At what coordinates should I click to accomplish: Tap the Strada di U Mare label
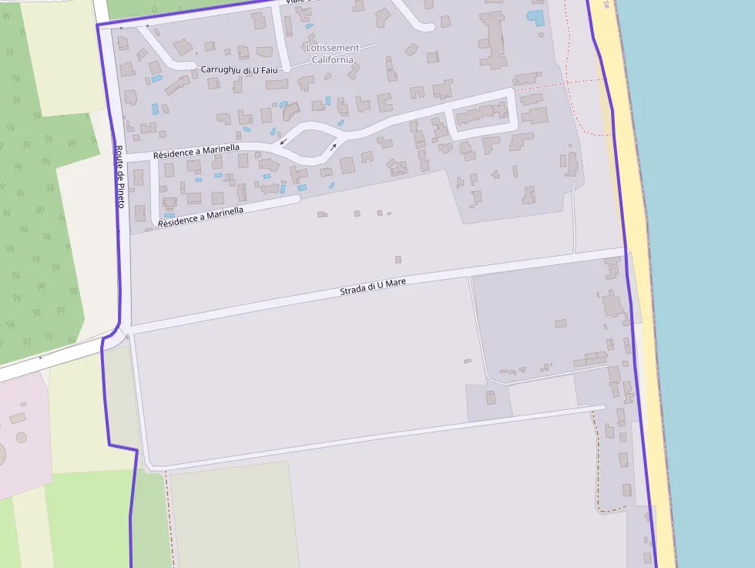[373, 287]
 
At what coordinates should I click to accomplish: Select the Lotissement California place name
[332, 53]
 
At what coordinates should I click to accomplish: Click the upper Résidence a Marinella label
[196, 151]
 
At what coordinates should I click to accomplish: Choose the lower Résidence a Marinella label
[201, 217]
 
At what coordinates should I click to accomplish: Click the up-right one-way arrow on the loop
[334, 146]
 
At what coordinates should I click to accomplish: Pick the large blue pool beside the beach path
[535, 16]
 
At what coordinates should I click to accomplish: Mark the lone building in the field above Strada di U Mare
[398, 260]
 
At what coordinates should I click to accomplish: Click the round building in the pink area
[21, 437]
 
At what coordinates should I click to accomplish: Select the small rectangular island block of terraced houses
[482, 116]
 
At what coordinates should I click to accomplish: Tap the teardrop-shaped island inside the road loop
[308, 143]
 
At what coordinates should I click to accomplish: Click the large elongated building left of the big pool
[491, 39]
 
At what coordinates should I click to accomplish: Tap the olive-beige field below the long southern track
[231, 513]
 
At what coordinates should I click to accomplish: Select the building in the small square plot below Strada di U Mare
[491, 398]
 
